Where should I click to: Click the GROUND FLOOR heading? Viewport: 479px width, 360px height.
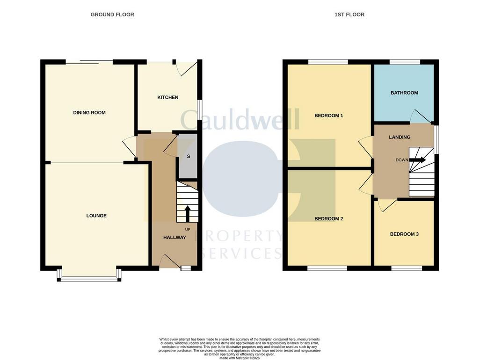112,14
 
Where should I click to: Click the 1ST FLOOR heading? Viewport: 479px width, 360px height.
349,14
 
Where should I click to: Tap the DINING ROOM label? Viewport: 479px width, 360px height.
89,113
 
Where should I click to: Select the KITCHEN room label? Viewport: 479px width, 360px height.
168,97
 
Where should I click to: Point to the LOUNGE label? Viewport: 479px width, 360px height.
96,216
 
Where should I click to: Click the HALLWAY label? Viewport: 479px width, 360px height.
174,237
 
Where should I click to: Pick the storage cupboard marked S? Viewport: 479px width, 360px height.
188,156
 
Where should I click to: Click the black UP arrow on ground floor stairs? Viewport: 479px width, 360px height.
187,214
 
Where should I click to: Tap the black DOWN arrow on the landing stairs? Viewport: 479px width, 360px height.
417,160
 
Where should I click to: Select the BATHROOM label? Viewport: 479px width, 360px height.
404,93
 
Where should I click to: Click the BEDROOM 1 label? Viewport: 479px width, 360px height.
329,116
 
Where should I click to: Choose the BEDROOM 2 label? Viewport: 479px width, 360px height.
329,219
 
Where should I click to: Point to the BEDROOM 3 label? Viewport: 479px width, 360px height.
404,234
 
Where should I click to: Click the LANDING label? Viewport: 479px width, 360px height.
399,137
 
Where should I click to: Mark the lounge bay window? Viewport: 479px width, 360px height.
89,275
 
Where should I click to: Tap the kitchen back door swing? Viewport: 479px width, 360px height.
187,69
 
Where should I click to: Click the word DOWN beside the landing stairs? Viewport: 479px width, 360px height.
402,160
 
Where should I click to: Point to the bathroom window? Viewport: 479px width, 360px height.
405,62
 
